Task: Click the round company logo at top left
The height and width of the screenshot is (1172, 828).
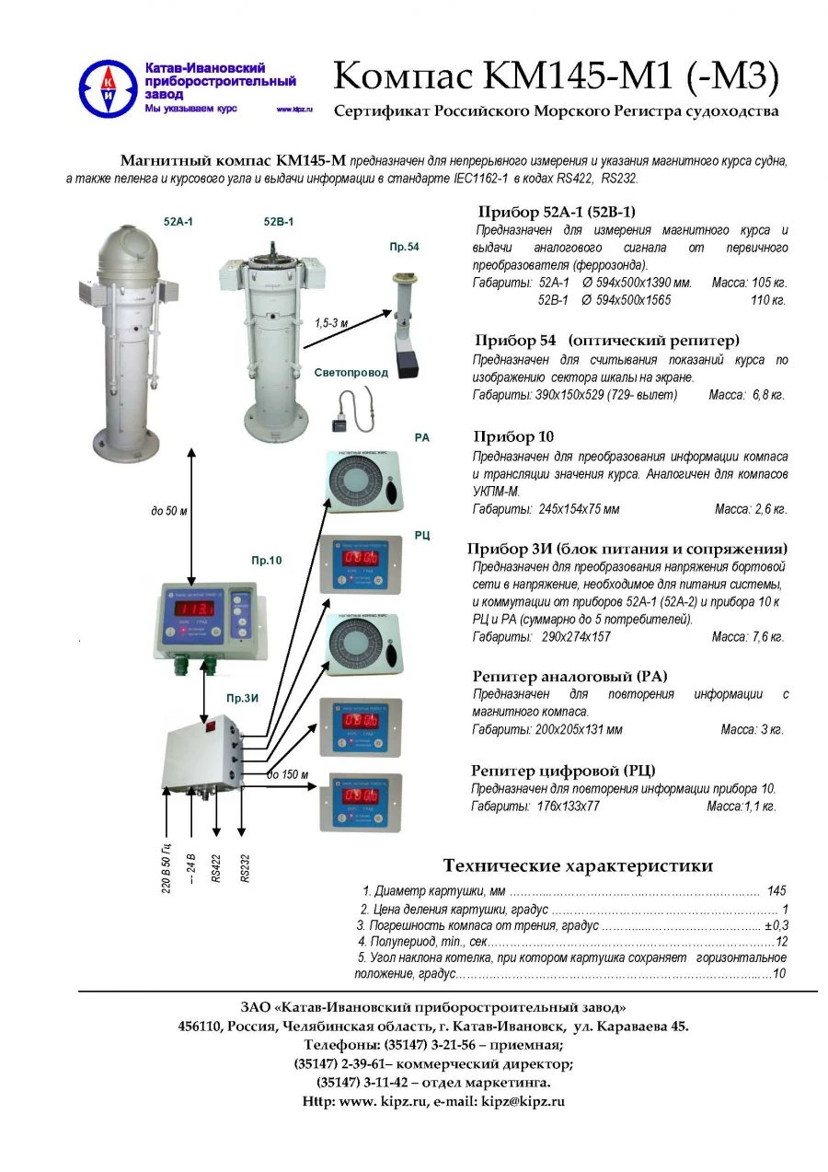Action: point(108,88)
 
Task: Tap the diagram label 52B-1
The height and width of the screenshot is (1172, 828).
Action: point(279,222)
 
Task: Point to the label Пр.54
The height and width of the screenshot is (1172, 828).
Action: point(404,247)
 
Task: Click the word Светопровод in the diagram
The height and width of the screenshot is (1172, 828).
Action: point(351,373)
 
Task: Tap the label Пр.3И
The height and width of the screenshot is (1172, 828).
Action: point(243,697)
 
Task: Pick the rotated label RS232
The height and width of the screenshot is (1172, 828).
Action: point(246,867)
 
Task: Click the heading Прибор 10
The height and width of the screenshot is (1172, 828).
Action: point(513,436)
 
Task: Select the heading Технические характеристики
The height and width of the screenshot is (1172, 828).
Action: point(578,865)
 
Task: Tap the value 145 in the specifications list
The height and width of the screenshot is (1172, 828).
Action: point(776,890)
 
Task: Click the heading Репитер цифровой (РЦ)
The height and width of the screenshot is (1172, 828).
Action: point(563,770)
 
